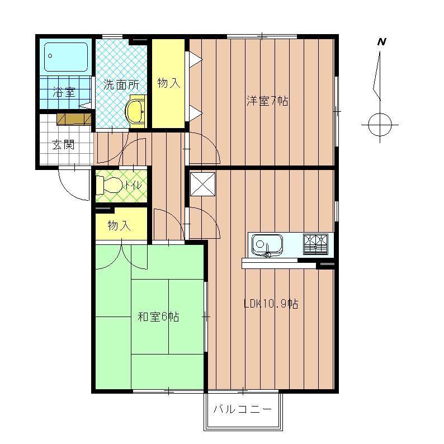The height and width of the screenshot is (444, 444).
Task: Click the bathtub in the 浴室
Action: (65, 57)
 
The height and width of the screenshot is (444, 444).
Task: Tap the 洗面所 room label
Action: (121, 84)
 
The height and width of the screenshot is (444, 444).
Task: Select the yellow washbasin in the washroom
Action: (135, 111)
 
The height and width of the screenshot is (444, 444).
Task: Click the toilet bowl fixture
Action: (109, 186)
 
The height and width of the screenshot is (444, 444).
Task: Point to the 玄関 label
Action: (63, 145)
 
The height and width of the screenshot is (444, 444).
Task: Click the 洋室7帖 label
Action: (268, 101)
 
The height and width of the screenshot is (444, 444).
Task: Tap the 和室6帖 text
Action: (159, 317)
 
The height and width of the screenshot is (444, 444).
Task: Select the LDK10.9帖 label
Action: (271, 304)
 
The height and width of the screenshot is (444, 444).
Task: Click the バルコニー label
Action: (243, 409)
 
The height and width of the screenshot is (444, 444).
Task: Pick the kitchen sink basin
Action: (267, 244)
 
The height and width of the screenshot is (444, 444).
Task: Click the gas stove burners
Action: (315, 244)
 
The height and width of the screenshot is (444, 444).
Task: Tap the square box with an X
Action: (203, 185)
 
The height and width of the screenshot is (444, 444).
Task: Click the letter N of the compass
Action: (381, 42)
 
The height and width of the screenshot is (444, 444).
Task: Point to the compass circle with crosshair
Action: (380, 124)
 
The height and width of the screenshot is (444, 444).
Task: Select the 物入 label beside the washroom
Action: (169, 83)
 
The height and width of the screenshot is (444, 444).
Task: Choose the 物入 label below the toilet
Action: (119, 226)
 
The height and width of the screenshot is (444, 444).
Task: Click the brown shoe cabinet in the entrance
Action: (74, 119)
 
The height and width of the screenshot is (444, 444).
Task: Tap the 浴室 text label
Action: (64, 92)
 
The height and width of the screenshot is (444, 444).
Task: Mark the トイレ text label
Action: (133, 186)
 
